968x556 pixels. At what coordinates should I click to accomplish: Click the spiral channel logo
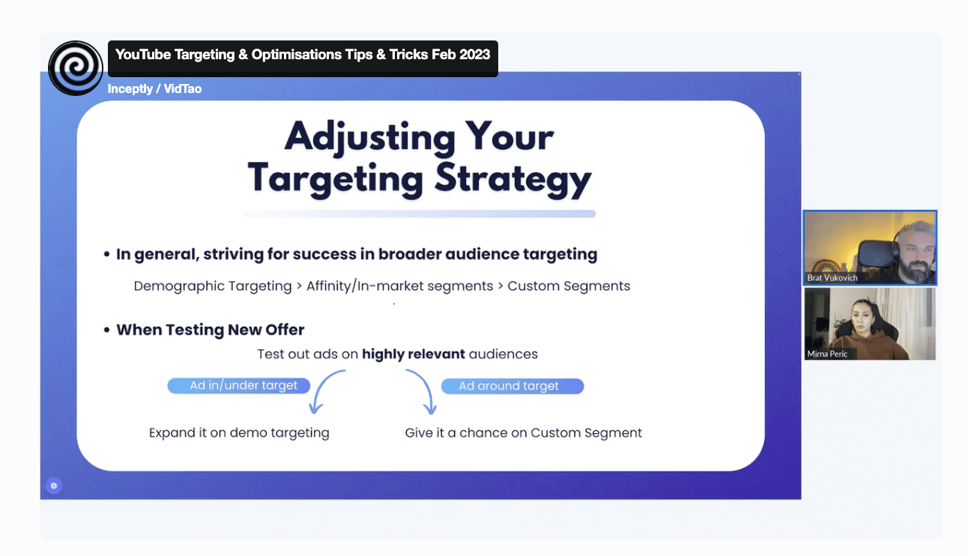76,68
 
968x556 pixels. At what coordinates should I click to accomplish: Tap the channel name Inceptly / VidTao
154,88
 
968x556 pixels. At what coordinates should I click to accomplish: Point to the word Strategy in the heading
513,179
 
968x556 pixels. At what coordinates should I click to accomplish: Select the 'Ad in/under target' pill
238,386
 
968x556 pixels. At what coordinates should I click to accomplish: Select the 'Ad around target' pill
512,386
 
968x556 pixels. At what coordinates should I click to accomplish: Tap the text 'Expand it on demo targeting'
239,433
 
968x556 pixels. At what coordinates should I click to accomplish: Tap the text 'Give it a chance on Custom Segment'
523,433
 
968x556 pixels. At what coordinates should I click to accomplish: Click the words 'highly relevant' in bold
413,354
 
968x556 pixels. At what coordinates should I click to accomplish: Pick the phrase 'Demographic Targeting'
213,286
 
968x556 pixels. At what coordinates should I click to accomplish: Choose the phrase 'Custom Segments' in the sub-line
569,285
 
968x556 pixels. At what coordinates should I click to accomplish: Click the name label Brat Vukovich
832,278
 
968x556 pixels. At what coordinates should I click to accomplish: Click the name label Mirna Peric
826,354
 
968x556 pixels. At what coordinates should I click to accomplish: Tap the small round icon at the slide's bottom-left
54,486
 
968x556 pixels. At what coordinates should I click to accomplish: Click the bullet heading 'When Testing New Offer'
210,330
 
